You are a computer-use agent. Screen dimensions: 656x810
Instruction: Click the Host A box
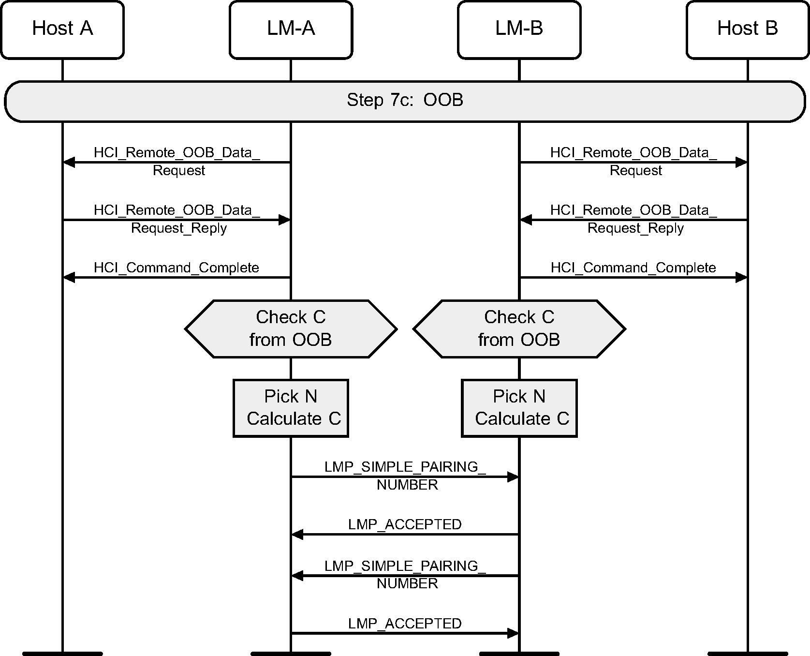[x=62, y=30]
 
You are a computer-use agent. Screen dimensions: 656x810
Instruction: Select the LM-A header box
[x=291, y=30]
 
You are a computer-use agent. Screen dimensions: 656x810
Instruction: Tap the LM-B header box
[x=519, y=30]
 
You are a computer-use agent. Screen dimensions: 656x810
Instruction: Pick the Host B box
[x=747, y=30]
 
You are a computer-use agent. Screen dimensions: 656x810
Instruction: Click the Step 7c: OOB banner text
[x=405, y=100]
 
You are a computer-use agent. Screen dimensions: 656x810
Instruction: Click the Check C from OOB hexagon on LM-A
[x=291, y=328]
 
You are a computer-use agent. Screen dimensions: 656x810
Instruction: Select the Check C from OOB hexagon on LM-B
[x=519, y=328]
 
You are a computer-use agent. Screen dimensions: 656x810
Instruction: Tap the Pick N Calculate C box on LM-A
[x=291, y=408]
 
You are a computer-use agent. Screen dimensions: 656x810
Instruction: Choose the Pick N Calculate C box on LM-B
[x=519, y=408]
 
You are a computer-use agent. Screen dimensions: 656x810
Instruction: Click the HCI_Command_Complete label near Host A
[x=176, y=268]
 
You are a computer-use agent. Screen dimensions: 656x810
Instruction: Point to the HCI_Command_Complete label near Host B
[x=633, y=268]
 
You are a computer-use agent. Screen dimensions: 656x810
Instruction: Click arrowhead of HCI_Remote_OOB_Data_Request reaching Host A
[x=69, y=163]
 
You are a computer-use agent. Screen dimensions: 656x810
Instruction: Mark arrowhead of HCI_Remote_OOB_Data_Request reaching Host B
[x=741, y=163]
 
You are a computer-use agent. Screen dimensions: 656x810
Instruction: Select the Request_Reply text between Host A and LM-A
[x=178, y=228]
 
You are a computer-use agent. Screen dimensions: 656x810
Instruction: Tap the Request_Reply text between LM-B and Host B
[x=635, y=228]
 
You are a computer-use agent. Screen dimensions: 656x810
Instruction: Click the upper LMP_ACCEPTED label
[x=405, y=524]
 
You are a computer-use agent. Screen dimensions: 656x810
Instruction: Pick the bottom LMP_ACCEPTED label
[x=405, y=624]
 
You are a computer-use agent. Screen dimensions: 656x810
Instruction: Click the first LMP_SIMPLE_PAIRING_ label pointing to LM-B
[x=405, y=467]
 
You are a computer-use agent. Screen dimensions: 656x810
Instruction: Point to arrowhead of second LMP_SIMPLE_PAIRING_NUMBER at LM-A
[x=297, y=576]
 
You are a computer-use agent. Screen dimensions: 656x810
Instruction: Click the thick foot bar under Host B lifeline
[x=747, y=654]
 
